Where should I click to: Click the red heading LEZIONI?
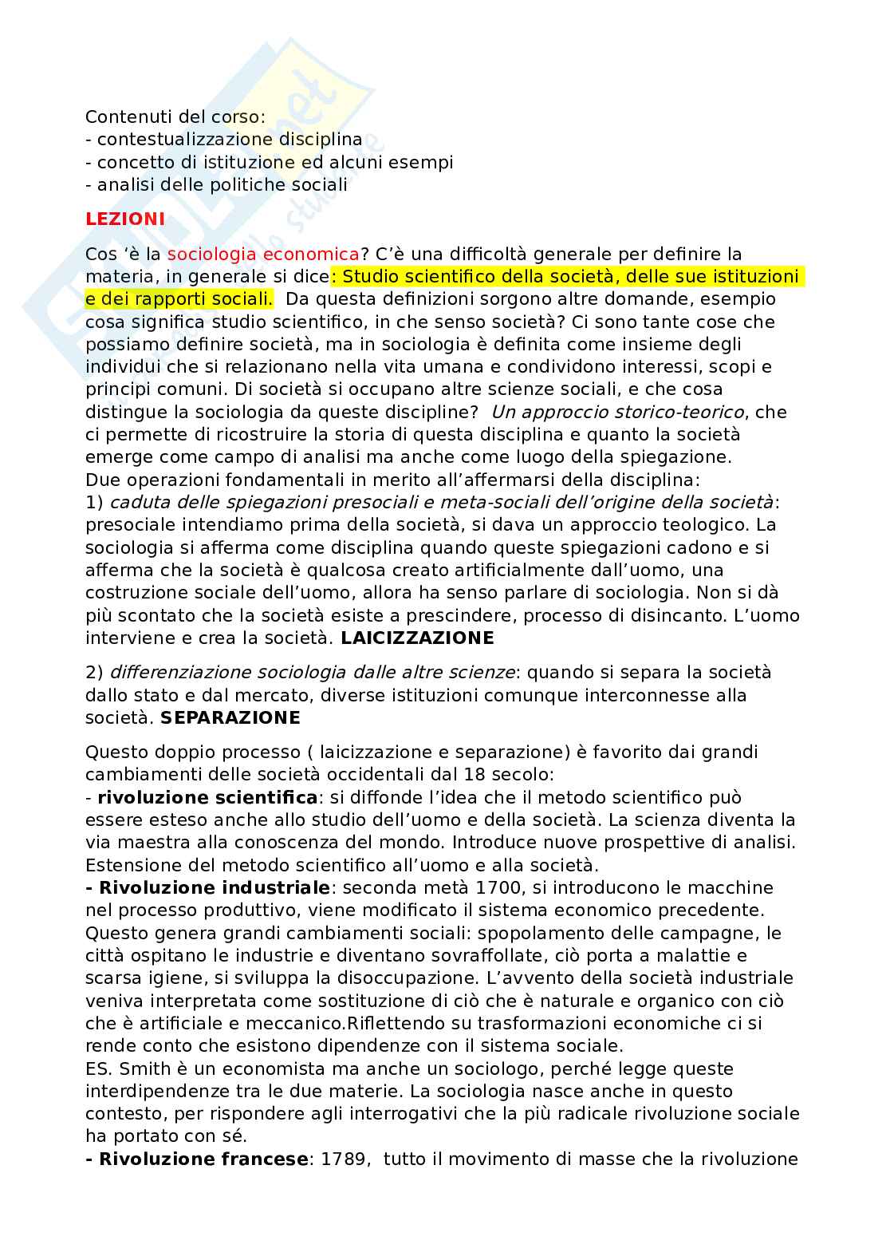click(x=125, y=219)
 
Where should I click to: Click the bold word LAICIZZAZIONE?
click(x=417, y=638)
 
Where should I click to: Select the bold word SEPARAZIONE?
click(x=230, y=717)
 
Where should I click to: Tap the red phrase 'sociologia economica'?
click(x=263, y=254)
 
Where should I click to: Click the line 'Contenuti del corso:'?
click(x=175, y=117)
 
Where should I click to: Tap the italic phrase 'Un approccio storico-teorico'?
click(x=618, y=412)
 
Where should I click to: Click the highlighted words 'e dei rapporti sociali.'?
click(x=179, y=299)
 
